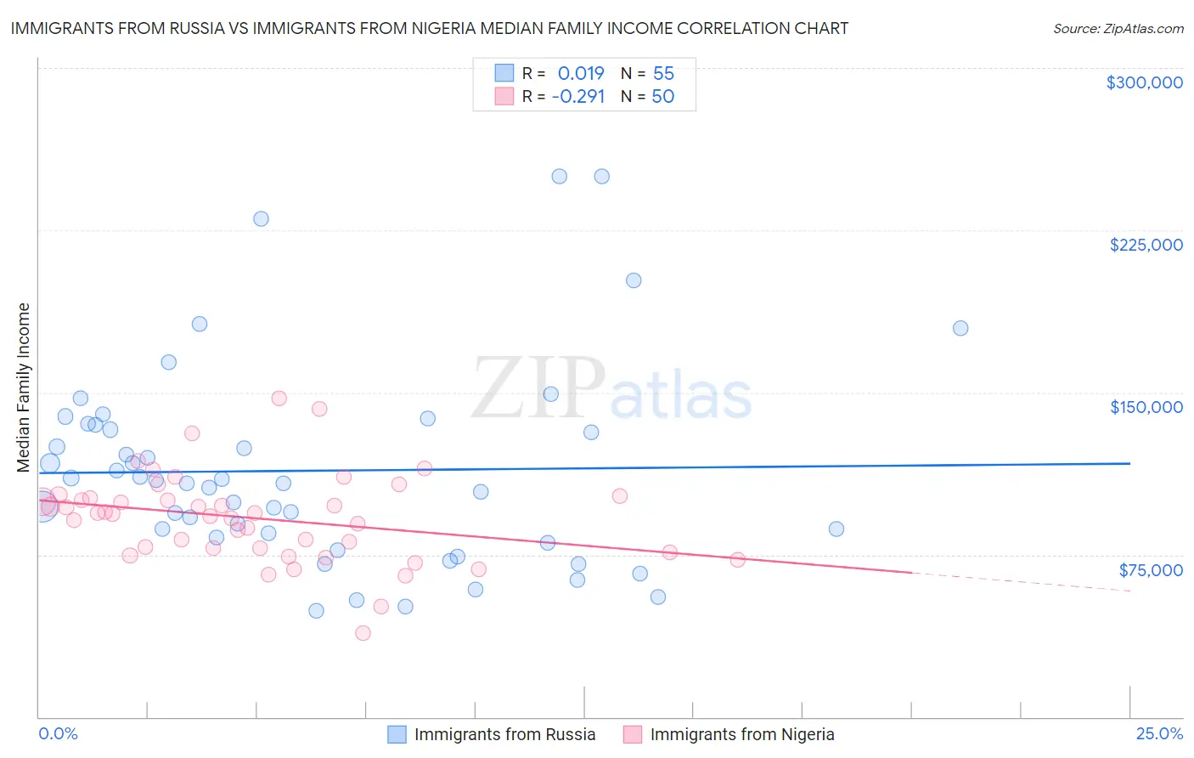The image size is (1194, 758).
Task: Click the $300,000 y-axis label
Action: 1144,82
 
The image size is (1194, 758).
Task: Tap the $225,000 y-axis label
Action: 1146,245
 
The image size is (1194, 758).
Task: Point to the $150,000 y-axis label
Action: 1146,407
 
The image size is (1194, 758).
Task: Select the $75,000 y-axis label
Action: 1150,569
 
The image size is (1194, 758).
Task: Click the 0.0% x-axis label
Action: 58,734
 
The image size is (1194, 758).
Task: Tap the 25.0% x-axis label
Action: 1159,734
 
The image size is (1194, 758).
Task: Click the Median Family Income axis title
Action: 24,387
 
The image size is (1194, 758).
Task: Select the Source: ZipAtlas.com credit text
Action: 1118,29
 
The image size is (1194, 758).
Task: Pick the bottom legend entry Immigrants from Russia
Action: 504,734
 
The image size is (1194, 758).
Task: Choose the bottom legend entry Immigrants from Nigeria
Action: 741,734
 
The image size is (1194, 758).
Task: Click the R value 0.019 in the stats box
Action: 581,74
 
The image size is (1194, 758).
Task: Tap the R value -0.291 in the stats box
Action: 578,97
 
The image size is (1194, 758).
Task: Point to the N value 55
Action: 663,74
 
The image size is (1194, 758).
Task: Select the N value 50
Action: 663,97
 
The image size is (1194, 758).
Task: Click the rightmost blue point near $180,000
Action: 960,328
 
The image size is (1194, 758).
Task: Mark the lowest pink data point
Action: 363,633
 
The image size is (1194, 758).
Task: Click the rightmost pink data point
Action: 737,560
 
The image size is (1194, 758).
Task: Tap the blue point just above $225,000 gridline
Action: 261,218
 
